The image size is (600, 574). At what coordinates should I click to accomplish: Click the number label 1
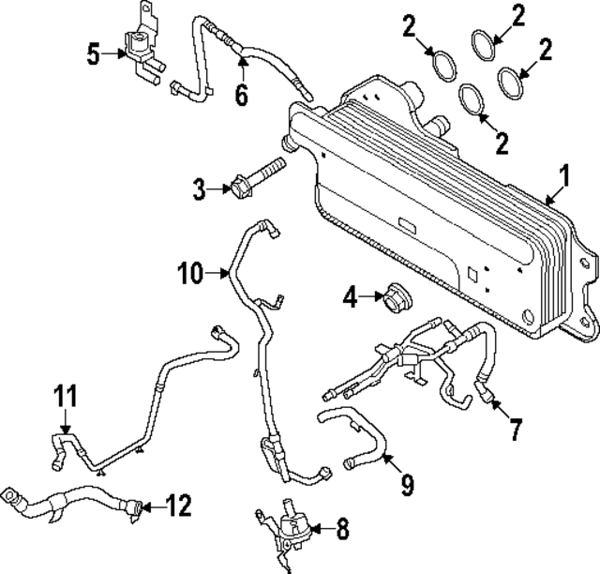565,174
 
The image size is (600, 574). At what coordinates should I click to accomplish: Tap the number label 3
199,190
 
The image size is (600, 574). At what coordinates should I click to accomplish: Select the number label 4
350,299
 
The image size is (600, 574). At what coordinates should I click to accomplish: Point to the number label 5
93,53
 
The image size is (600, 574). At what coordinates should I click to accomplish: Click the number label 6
242,97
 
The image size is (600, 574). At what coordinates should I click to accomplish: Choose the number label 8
342,530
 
